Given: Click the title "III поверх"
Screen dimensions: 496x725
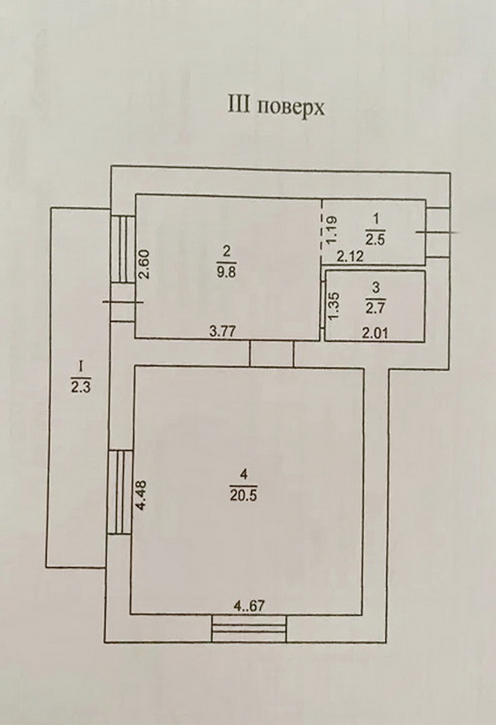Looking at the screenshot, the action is [x=275, y=106].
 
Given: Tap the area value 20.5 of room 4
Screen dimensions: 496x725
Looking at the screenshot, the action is [x=243, y=495].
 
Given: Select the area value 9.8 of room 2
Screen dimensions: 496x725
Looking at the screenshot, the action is [x=226, y=272].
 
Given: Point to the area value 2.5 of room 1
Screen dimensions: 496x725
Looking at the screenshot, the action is [x=375, y=240].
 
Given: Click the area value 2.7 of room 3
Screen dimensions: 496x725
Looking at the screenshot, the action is [x=375, y=307].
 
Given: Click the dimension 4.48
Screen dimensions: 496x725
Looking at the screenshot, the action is [x=143, y=495].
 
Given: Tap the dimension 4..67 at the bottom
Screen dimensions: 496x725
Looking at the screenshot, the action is [x=250, y=606].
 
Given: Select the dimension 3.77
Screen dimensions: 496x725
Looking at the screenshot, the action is [x=224, y=331].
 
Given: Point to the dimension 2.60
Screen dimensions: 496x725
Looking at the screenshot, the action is [x=144, y=264].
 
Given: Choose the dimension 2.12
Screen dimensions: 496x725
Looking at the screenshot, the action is [x=351, y=257].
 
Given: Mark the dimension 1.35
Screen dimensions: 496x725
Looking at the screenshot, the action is [x=333, y=304].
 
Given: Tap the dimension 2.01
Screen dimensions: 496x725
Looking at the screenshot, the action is [x=375, y=333].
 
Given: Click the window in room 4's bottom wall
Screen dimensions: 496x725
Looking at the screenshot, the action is [x=250, y=628].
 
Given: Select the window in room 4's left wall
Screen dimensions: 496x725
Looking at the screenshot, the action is [x=120, y=492].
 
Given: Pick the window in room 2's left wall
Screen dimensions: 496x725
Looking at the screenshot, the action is [x=123, y=249].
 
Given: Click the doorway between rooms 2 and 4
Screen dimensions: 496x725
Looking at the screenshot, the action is [x=272, y=353].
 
